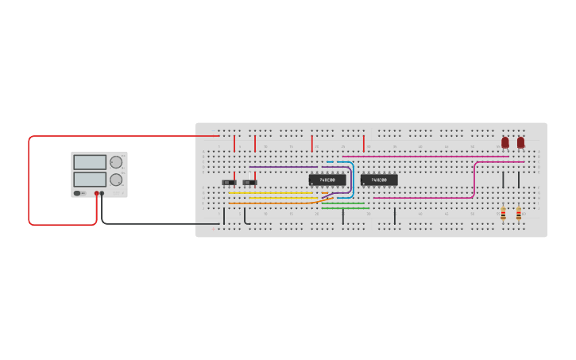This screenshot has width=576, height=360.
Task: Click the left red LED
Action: pyautogui.click(x=504, y=142)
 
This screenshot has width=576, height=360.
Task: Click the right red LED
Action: pyautogui.click(x=520, y=142)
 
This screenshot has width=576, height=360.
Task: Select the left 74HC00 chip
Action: pyautogui.click(x=327, y=180)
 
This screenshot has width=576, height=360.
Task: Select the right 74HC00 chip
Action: pyautogui.click(x=379, y=180)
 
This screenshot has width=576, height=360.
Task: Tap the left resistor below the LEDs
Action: pyautogui.click(x=503, y=213)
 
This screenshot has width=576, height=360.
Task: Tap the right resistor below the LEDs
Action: pyautogui.click(x=519, y=213)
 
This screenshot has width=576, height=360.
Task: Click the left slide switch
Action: pyautogui.click(x=229, y=183)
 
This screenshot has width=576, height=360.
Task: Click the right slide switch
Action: pyautogui.click(x=249, y=183)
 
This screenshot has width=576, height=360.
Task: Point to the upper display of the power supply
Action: pyautogui.click(x=90, y=162)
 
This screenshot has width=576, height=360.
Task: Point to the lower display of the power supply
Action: pyautogui.click(x=90, y=179)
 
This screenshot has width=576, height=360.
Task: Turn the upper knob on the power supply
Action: pyautogui.click(x=116, y=162)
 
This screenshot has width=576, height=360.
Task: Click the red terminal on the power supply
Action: pyautogui.click(x=97, y=193)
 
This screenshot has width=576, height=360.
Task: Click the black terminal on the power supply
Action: pyautogui.click(x=102, y=193)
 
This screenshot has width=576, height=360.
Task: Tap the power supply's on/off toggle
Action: pyautogui.click(x=79, y=193)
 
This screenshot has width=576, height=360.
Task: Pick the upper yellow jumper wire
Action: pyautogui.click(x=270, y=192)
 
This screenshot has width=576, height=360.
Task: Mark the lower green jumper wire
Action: pyautogui.click(x=346, y=208)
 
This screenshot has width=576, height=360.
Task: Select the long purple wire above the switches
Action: pyautogui.click(x=282, y=168)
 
